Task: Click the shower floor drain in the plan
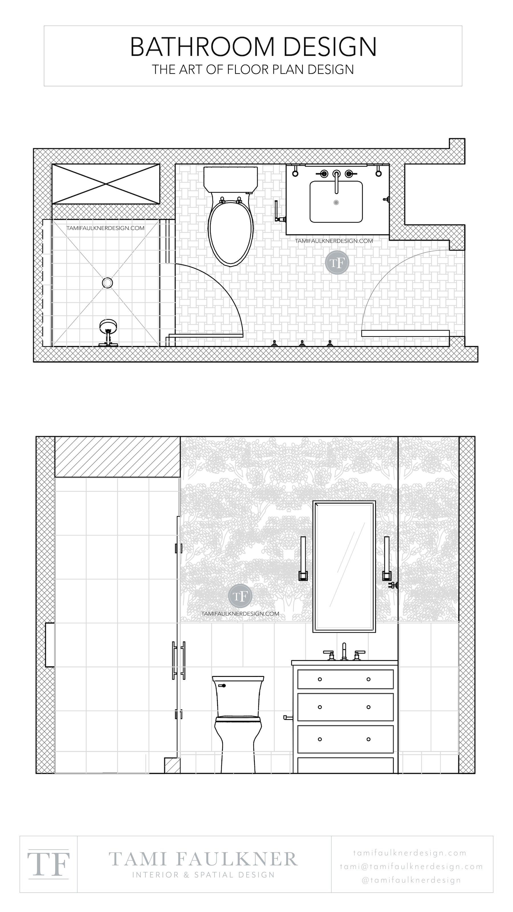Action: tap(107, 282)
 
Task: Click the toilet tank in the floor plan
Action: tap(231, 180)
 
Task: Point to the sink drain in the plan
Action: tap(336, 203)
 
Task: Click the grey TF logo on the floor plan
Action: tap(337, 262)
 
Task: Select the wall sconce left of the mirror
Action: tap(303, 559)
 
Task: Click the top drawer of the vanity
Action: tap(345, 679)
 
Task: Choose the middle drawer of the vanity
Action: tap(345, 707)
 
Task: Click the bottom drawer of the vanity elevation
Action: tap(345, 739)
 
